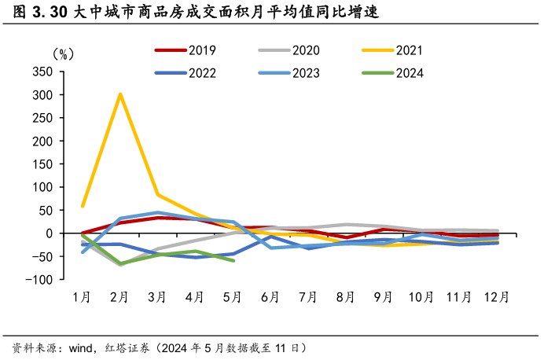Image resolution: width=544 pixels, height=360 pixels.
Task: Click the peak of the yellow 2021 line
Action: [x=119, y=94]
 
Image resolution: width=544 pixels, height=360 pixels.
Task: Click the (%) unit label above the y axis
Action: [x=63, y=54]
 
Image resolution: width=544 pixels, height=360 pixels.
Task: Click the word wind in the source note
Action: [x=82, y=347]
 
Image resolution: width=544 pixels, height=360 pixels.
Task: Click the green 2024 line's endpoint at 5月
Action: [x=233, y=260]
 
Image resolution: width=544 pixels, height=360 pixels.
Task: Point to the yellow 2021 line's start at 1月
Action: [x=83, y=206]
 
